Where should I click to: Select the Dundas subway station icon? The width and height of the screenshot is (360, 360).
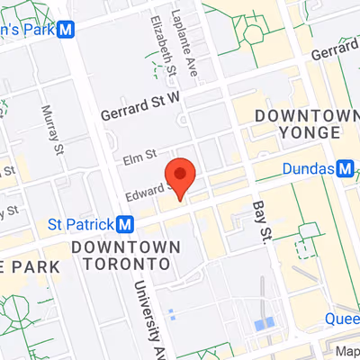coord(345,167)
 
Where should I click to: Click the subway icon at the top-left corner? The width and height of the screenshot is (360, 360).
coord(65,29)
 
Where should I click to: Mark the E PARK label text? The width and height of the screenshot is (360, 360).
coord(29,267)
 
